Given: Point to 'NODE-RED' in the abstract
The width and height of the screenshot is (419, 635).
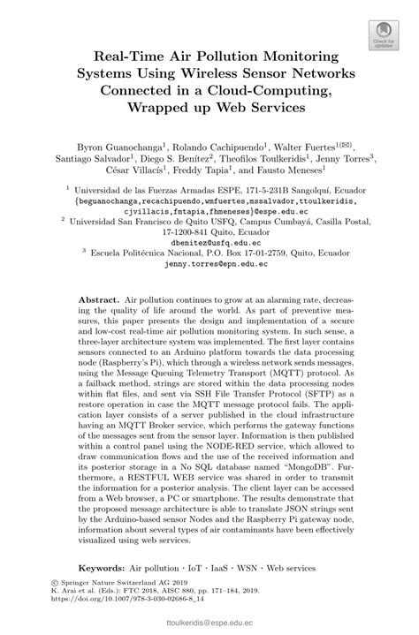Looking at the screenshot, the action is click(x=223, y=458).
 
